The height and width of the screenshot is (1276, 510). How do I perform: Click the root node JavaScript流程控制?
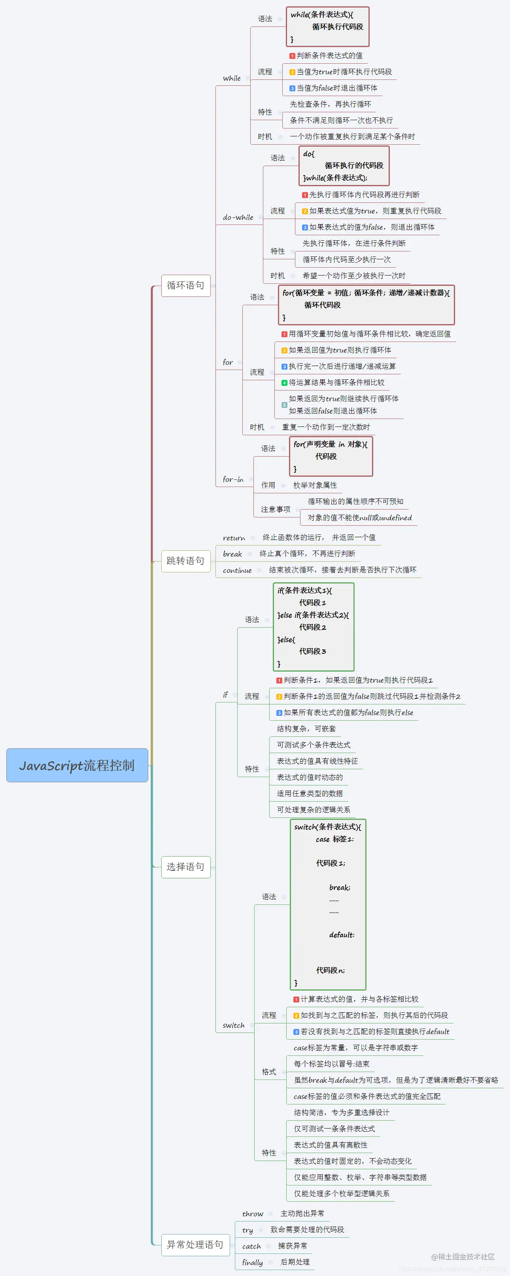click(77, 765)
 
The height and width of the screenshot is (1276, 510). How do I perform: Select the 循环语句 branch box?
click(185, 285)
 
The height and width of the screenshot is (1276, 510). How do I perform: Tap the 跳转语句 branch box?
click(185, 561)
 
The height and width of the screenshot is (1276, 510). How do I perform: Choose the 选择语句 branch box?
click(185, 866)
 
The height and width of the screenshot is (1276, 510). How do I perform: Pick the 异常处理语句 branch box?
click(195, 1244)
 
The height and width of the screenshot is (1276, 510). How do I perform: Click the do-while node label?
click(238, 217)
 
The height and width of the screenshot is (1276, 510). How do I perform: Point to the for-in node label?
click(233, 479)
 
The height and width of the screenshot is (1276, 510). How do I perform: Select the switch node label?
click(233, 1025)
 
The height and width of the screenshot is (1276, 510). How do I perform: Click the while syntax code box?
click(327, 27)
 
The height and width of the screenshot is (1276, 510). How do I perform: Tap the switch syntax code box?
click(328, 904)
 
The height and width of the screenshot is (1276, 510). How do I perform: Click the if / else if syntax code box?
click(313, 627)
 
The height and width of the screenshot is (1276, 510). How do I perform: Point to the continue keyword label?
click(237, 570)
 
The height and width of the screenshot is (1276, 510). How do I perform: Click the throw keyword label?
click(253, 1213)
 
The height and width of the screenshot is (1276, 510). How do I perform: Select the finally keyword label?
click(252, 1262)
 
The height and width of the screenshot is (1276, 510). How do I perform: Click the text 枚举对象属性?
click(315, 485)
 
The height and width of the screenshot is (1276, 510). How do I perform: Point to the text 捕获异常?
click(293, 1246)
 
